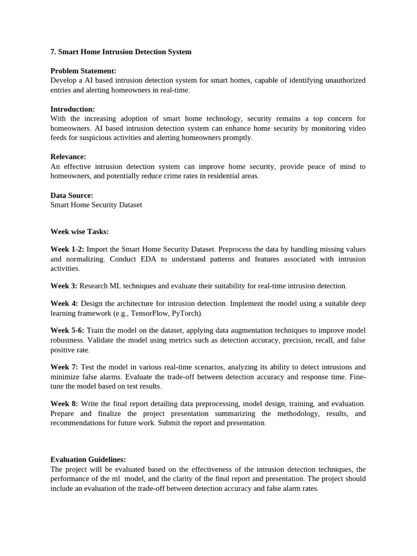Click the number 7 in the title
tap(53, 52)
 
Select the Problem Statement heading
tap(83, 71)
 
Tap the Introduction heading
tap(73, 109)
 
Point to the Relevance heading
tap(68, 157)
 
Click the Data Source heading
tap(72, 195)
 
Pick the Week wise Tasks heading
tap(79, 232)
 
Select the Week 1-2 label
tap(67, 249)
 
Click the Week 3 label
tap(64, 286)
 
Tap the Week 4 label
tap(64, 304)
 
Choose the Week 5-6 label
tap(67, 331)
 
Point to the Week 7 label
tap(64, 367)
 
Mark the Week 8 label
tap(64, 404)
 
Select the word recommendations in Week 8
tap(82, 423)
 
